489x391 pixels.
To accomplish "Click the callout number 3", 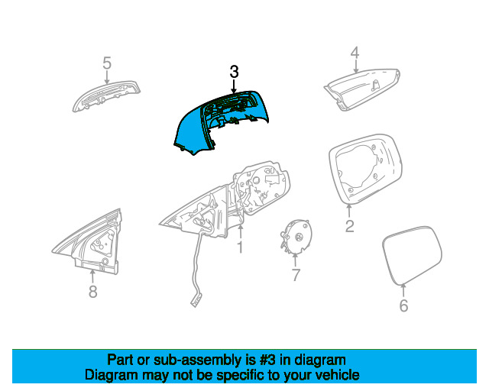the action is tap(235, 72).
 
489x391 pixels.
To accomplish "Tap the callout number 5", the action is tap(107, 63).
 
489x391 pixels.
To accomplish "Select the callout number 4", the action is tap(355, 53).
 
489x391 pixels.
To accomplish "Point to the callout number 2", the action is tap(349, 226).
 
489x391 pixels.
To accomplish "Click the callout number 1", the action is tap(239, 247).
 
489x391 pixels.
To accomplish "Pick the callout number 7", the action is tap(296, 275).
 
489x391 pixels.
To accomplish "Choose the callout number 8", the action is tap(92, 291).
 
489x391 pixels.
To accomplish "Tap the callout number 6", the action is tap(404, 305).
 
